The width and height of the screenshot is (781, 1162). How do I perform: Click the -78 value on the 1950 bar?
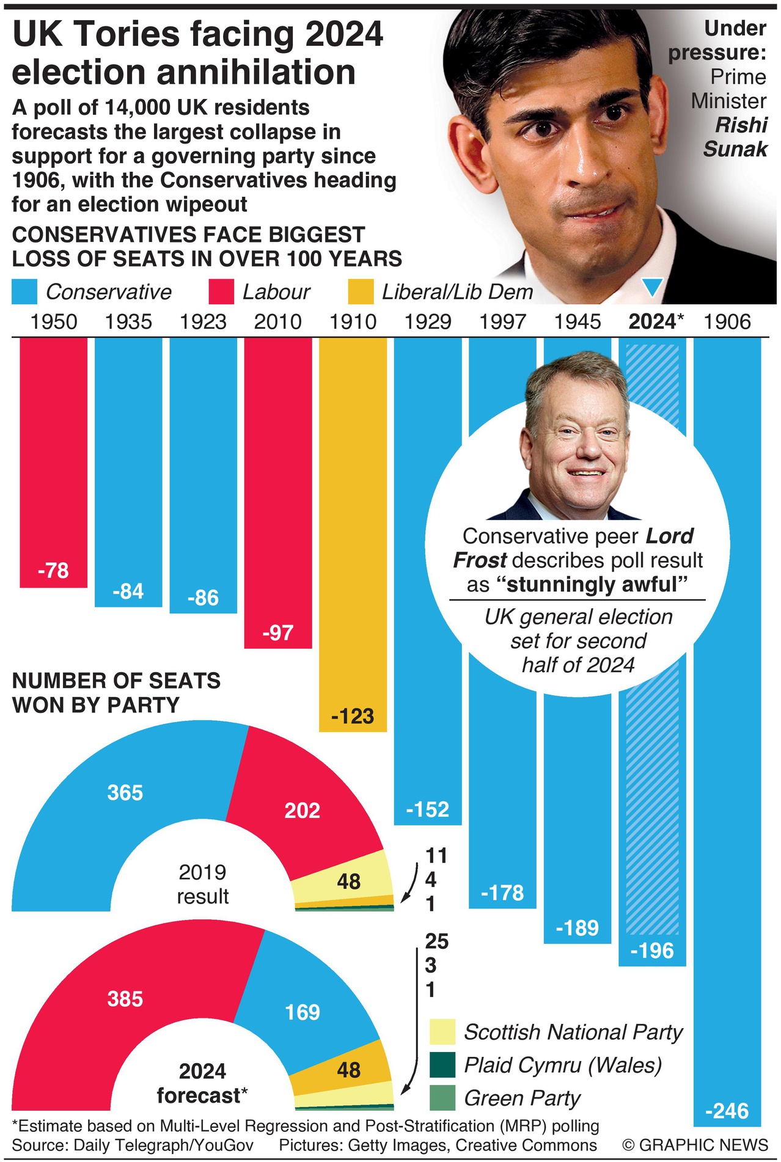pos(53,571)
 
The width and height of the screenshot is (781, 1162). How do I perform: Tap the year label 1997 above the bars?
pos(502,322)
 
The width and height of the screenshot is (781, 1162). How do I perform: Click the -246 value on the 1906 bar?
pos(727,1110)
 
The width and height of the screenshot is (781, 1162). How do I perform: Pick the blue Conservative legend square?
pos(24,292)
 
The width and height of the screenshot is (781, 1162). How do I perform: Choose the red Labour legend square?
pos(221,292)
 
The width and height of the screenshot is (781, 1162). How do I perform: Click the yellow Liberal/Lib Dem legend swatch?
pos(361,292)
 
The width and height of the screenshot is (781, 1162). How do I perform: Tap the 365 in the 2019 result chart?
pos(125,792)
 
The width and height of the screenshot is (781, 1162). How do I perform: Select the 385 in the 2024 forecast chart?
pos(125,999)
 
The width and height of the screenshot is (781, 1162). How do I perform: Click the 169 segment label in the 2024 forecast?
pos(302,1012)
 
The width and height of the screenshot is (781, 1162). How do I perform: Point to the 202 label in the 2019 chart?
pos(302,810)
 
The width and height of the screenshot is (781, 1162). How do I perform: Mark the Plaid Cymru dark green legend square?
pos(442,1065)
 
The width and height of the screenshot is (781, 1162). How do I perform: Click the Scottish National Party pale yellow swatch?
pos(442,1032)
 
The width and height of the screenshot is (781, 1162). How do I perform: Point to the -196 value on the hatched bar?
pos(652,951)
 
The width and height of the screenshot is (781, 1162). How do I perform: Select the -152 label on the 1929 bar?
pos(428,809)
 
